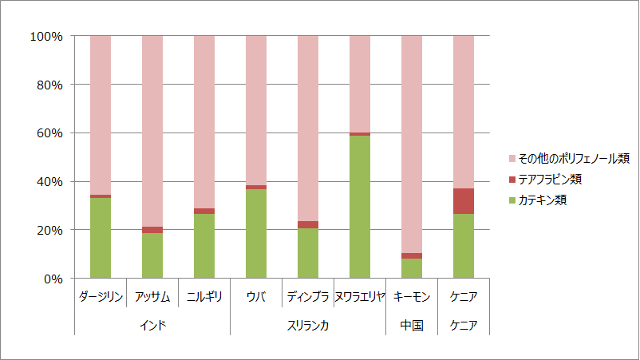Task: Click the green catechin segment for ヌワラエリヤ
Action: tap(360, 207)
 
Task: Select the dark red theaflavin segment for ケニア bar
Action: tap(464, 201)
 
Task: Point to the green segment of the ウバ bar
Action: tap(256, 234)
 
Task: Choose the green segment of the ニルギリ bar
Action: tap(204, 246)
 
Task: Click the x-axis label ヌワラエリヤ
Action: tap(360, 297)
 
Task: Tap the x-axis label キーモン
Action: tap(412, 297)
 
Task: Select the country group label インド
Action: tap(152, 326)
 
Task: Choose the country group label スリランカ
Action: tap(308, 326)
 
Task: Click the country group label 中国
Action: tap(412, 326)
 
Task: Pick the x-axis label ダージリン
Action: tap(101, 297)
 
